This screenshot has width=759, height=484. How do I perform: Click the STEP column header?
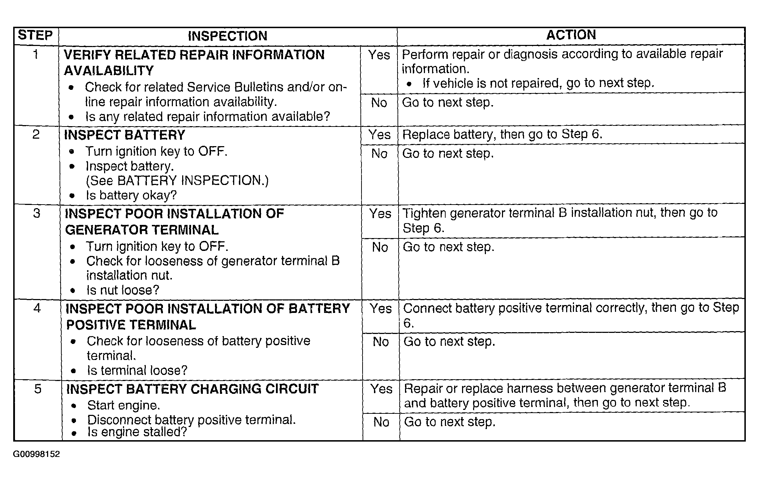(x=35, y=35)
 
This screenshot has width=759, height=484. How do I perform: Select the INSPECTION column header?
(x=227, y=36)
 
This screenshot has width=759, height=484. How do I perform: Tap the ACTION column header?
(x=571, y=35)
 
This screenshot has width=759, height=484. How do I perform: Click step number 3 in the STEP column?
(x=36, y=213)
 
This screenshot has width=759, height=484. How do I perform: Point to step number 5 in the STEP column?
(x=38, y=388)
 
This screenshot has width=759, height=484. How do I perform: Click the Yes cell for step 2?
(x=379, y=135)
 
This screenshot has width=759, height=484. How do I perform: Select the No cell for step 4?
(x=380, y=342)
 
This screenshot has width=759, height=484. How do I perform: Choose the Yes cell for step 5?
(x=381, y=388)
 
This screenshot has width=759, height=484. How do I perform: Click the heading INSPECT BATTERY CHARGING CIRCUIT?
(x=192, y=389)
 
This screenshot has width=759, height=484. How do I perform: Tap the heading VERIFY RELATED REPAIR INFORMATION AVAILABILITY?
(x=194, y=62)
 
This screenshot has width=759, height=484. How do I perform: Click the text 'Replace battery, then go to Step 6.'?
(x=502, y=134)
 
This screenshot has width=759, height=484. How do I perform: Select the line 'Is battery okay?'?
(x=131, y=195)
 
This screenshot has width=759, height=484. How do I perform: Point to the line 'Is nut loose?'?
(x=123, y=290)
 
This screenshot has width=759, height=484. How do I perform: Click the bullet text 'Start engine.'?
(x=123, y=405)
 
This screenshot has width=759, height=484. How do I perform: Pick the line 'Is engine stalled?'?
(x=137, y=432)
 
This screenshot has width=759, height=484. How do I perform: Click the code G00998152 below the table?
(x=36, y=454)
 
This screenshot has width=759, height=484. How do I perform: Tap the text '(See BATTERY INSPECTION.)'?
(x=177, y=181)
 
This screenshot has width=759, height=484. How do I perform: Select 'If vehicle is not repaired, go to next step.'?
(x=538, y=83)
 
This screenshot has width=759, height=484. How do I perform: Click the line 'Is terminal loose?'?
(x=137, y=370)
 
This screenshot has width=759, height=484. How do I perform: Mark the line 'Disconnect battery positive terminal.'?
(x=191, y=419)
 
